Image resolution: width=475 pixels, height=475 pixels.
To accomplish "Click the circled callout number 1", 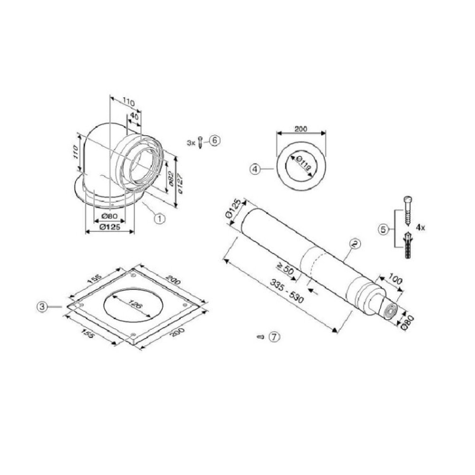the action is tap(159, 218).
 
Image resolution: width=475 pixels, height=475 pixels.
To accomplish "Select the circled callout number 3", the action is tap(42, 306).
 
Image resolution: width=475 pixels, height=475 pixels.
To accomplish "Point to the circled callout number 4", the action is tap(255, 169).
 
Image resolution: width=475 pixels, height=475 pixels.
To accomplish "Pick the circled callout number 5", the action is tap(383, 229).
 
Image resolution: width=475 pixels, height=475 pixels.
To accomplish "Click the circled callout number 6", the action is tap(214, 141).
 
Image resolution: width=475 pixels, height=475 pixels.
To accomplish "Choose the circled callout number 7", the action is tap(275, 337).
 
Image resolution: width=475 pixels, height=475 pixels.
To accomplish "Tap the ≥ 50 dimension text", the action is tap(285, 269).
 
